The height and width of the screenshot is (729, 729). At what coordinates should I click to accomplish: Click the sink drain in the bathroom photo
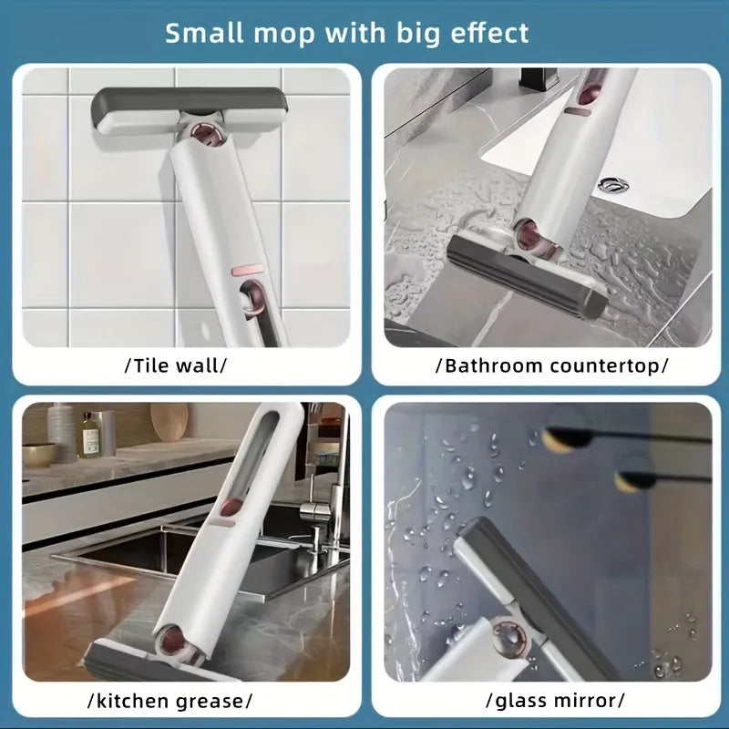pyautogui.click(x=612, y=184)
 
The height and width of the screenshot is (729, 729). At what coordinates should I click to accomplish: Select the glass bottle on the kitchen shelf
pyautogui.click(x=88, y=435)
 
